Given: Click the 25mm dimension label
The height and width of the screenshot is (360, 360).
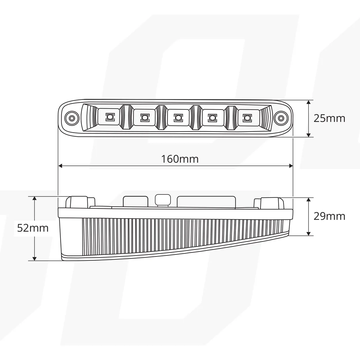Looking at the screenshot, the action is [x=329, y=118].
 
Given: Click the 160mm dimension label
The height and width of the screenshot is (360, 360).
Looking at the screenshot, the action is [x=180, y=159].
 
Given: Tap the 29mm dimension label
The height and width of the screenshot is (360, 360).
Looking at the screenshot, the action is [x=329, y=216].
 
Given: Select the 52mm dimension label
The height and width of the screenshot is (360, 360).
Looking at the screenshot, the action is [x=33, y=228].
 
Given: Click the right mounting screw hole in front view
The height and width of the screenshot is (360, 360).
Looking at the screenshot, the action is [x=281, y=118].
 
